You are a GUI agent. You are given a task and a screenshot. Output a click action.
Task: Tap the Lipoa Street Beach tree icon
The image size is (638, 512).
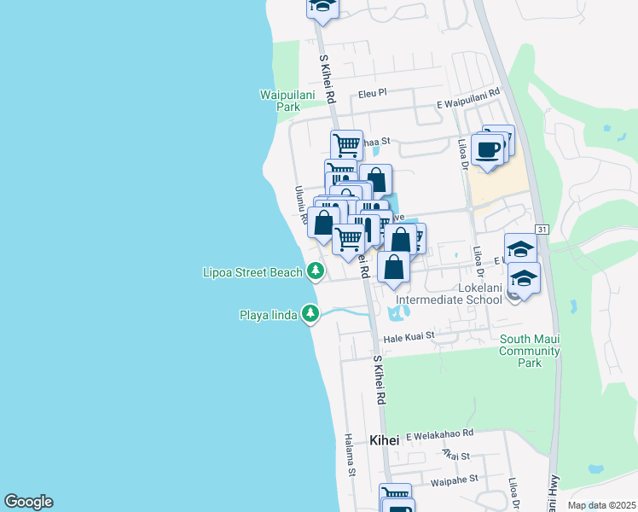[316, 271]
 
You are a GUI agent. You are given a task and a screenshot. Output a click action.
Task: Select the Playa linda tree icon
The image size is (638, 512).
[311, 314]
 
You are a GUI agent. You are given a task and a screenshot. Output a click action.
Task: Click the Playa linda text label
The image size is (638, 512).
[268, 315]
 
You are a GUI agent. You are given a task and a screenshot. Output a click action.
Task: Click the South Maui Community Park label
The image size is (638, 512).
[530, 351]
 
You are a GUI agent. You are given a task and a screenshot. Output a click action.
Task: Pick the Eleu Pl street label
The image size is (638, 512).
[373, 93]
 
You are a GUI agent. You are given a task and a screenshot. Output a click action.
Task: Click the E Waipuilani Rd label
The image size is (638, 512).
[467, 102]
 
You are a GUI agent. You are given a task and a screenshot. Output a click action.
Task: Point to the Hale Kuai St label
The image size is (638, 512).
[409, 338]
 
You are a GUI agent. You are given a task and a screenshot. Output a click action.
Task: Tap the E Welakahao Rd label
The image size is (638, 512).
[439, 434]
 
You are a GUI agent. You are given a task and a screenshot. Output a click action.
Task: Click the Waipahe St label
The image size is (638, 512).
[455, 481]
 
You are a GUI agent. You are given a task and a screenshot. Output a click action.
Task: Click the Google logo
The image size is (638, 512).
[28, 502]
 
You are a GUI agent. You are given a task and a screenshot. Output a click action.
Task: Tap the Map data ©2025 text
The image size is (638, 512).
[602, 505]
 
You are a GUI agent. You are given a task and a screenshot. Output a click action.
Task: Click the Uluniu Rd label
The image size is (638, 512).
[301, 205]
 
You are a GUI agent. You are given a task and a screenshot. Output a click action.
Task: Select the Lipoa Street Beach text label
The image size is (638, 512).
[252, 272]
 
